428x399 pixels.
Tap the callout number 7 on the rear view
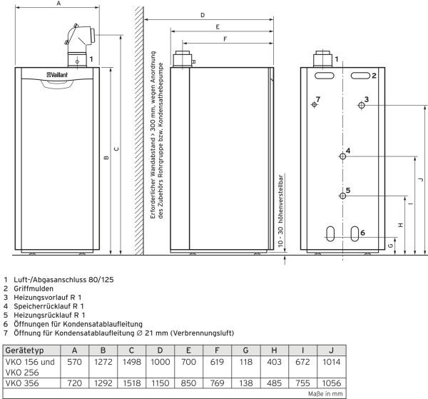point(318,98)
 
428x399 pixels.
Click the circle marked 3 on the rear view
point(362,106)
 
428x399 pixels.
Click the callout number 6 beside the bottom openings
point(362,233)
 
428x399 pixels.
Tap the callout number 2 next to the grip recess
point(373,75)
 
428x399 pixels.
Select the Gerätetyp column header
point(28,350)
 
